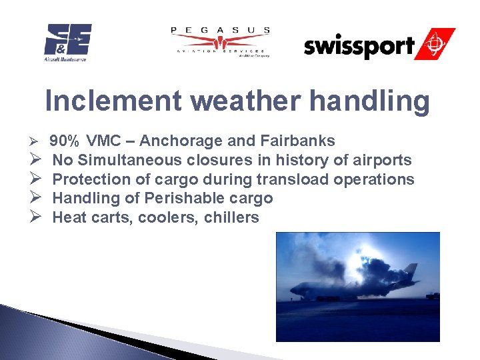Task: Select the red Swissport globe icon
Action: click(436, 44)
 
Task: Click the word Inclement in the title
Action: click(113, 101)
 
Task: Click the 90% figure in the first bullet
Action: click(65, 141)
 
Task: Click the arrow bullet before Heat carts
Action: click(37, 218)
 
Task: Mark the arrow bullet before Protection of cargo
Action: click(37, 180)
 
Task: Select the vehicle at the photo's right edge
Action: click(433, 295)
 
